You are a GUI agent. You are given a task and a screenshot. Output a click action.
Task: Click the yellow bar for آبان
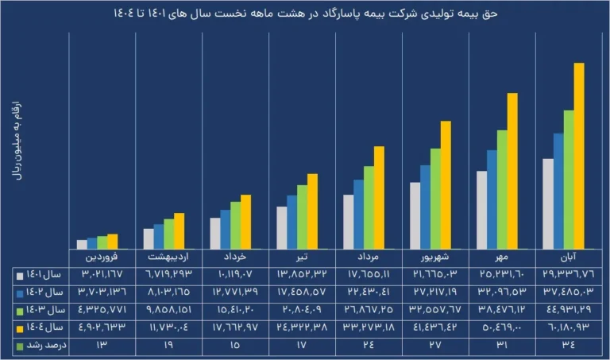click(579, 155)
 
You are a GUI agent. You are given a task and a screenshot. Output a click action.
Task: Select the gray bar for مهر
click(481, 209)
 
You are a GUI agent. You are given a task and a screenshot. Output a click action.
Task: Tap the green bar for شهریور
click(435, 198)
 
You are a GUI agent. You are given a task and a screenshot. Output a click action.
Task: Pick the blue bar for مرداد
click(358, 214)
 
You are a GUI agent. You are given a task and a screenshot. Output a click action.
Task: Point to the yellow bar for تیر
click(312, 211)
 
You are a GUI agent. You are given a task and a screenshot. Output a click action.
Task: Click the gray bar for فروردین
click(82, 244)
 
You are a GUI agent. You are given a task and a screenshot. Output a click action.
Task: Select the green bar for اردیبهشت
click(168, 234)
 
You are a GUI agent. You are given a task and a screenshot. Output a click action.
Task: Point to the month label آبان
click(569, 258)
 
